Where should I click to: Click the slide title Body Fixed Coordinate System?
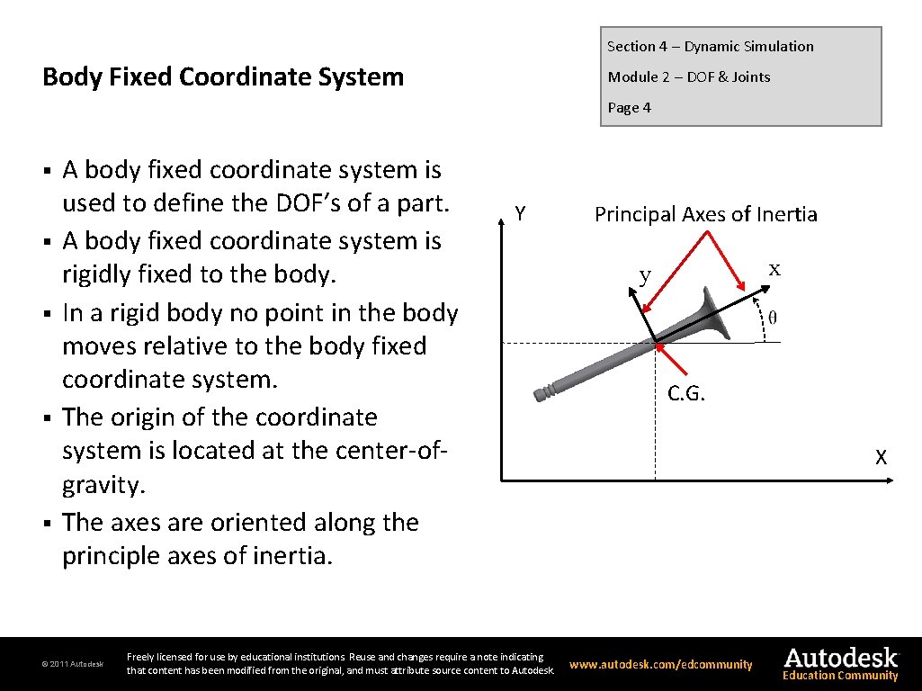point(223,77)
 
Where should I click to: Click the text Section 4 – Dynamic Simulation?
point(710,47)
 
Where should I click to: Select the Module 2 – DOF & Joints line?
point(688,77)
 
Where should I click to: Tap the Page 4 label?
point(629,108)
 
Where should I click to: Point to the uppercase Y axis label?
point(520,214)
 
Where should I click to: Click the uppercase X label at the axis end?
point(882,458)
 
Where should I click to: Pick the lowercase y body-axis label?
point(644,275)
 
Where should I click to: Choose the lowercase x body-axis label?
point(774,269)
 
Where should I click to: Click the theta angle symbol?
point(772,317)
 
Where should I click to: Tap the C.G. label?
point(686,393)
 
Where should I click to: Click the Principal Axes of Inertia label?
point(705,214)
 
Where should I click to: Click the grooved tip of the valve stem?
point(542,393)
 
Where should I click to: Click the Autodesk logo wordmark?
point(840,657)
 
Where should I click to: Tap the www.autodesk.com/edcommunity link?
point(661,665)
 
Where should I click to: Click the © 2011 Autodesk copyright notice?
point(73,665)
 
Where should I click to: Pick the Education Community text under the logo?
point(840,676)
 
